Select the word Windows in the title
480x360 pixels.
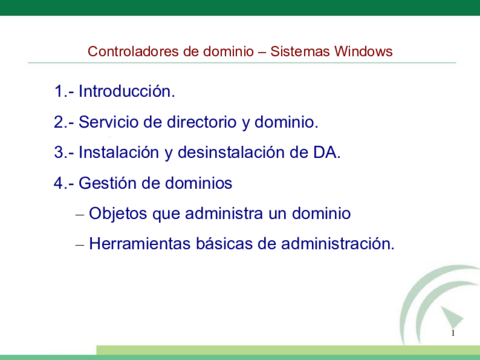[363, 51]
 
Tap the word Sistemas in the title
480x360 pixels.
[300, 51]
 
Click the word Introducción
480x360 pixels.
[127, 91]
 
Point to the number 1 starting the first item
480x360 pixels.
[59, 91]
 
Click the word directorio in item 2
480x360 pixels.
[202, 122]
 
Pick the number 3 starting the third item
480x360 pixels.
[59, 152]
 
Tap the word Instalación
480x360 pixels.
[119, 152]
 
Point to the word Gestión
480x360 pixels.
[108, 183]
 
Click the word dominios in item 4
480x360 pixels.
[199, 183]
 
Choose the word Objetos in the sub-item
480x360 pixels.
[118, 213]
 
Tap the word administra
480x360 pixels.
[224, 213]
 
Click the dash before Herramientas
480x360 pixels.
[80, 245]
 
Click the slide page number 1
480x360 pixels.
[453, 333]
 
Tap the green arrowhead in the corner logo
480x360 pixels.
[452, 317]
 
